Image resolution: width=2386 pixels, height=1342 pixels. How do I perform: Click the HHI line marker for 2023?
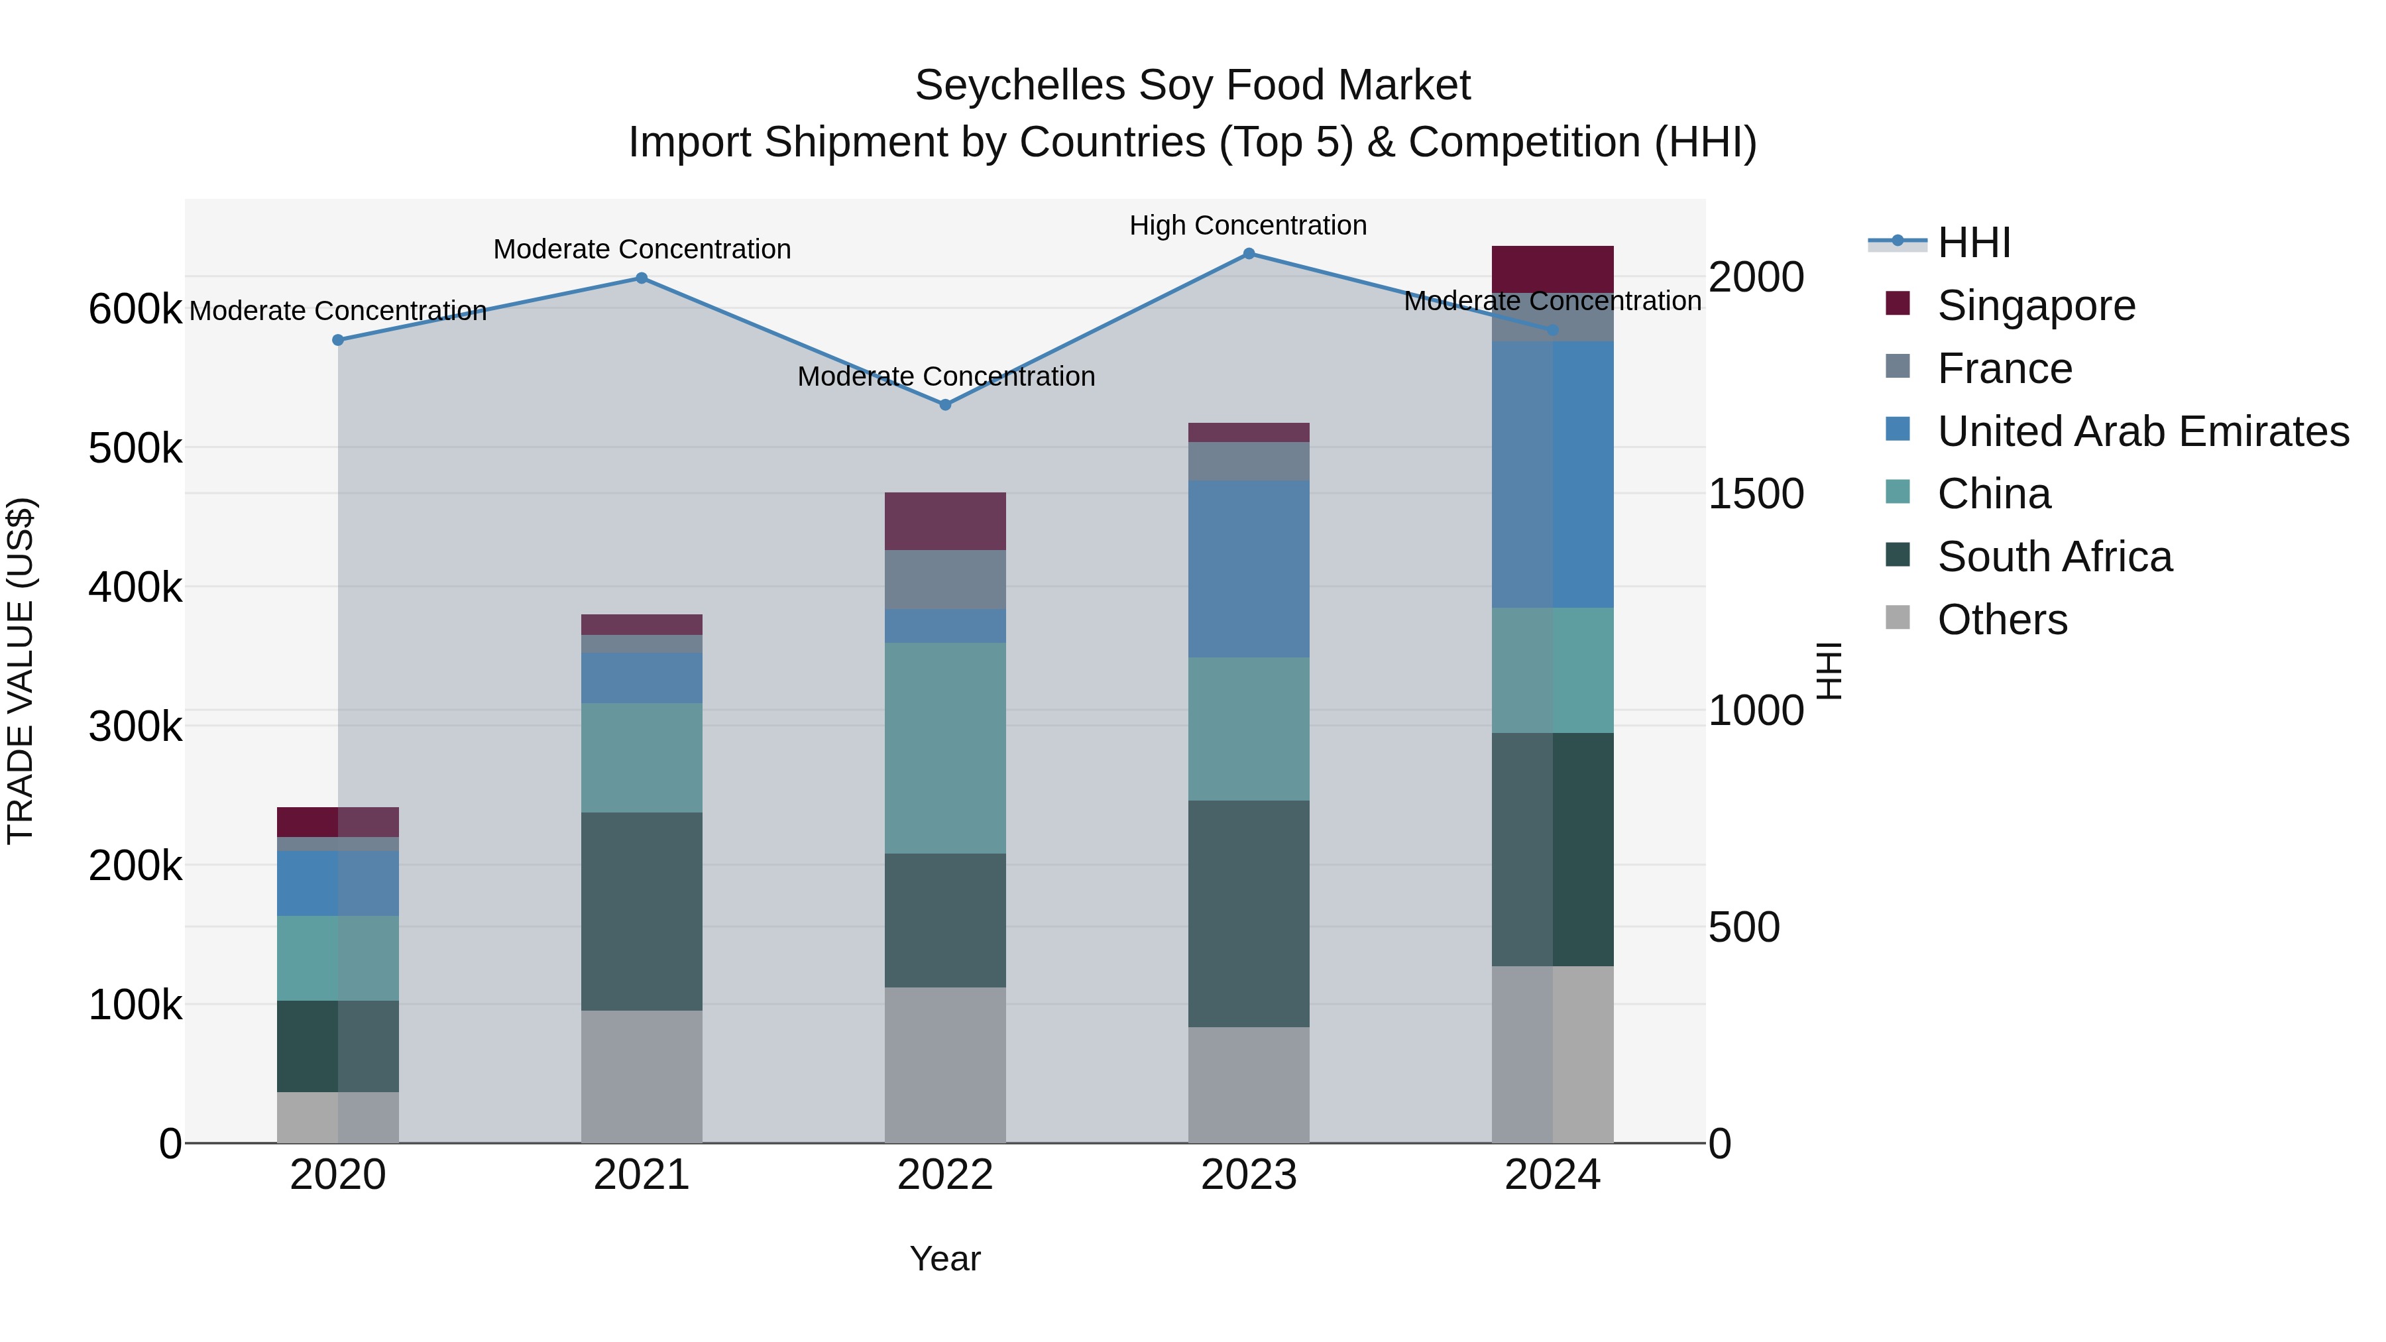coord(1249,254)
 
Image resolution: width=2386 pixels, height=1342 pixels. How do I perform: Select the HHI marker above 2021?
coord(641,278)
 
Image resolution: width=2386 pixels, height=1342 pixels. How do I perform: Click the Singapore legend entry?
coord(2036,306)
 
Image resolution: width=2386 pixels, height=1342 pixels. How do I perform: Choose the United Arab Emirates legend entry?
coord(2142,431)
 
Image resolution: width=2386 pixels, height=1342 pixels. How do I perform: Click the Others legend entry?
coord(2002,620)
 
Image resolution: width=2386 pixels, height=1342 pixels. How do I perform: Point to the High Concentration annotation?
coord(1247,225)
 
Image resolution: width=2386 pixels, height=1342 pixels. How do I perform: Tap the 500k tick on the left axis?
coord(135,448)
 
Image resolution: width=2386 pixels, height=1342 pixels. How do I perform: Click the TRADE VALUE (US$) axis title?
coord(21,671)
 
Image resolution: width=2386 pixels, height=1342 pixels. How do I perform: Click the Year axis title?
coord(944,1258)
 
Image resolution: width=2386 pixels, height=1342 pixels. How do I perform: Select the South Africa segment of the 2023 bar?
coord(1249,913)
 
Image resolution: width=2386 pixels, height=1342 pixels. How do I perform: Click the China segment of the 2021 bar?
coord(641,757)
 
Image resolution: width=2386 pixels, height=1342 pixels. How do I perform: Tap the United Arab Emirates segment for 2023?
coord(1249,569)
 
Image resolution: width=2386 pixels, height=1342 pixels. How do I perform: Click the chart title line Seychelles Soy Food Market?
coord(1192,85)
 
